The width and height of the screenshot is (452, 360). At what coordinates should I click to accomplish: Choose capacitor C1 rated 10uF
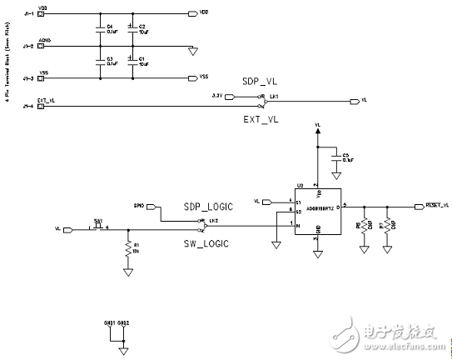(132, 61)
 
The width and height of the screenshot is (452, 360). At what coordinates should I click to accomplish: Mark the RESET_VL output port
(432, 205)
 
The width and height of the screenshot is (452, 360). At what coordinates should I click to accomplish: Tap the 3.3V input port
(219, 97)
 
